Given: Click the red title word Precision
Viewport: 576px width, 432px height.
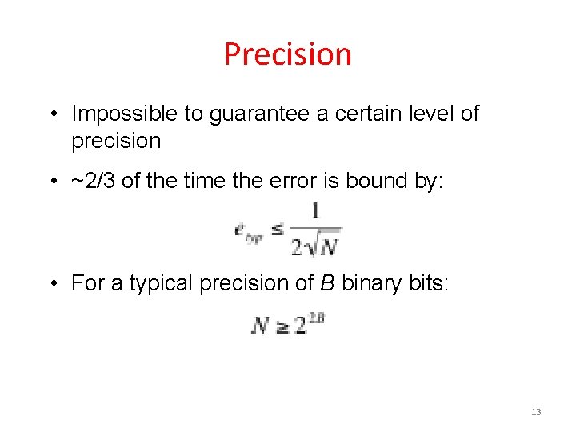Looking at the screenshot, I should [288, 54].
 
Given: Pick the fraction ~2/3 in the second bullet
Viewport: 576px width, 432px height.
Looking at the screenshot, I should [94, 181].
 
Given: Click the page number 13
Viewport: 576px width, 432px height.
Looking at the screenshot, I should [536, 412].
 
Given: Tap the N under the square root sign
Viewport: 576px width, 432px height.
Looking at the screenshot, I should [328, 247].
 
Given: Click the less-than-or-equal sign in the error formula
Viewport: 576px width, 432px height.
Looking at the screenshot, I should [276, 230].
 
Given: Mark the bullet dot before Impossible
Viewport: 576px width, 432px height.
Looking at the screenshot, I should [50, 114].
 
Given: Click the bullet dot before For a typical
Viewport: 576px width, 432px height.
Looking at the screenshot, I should [50, 283].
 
